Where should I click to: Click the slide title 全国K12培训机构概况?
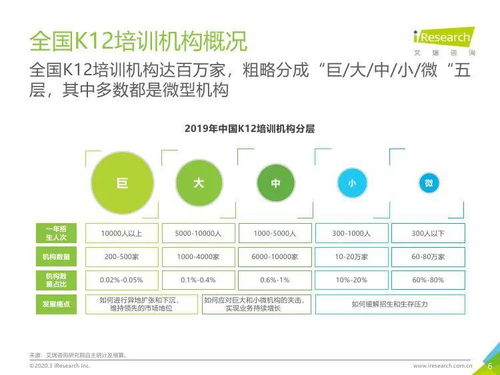(x=138, y=42)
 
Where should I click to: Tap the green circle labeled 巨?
(x=121, y=184)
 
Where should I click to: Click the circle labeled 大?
(x=198, y=184)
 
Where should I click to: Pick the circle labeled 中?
(x=275, y=185)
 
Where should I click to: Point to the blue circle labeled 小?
(x=352, y=185)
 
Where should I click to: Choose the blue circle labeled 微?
(x=429, y=185)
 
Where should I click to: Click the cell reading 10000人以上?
(x=121, y=233)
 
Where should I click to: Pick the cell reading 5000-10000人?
(x=198, y=233)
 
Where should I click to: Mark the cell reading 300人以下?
(x=429, y=233)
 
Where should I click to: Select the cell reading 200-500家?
(x=121, y=256)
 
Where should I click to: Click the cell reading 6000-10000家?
(x=275, y=256)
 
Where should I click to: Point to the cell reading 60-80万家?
(x=429, y=256)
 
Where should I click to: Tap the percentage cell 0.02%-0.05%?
(x=121, y=279)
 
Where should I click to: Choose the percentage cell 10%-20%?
(x=352, y=279)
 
